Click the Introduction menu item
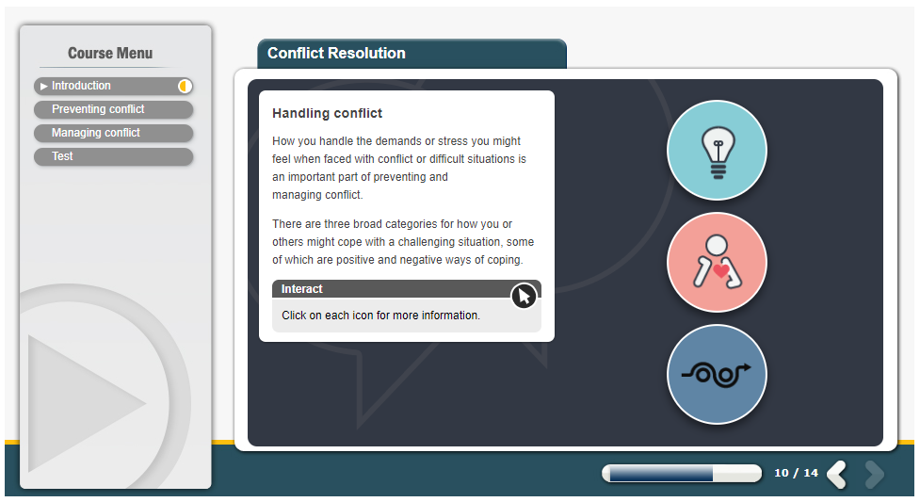click(113, 86)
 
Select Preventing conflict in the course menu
click(113, 109)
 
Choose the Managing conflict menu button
click(113, 133)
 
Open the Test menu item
click(113, 156)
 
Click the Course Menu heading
click(110, 54)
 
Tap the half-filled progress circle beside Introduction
click(185, 87)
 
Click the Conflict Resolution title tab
click(412, 54)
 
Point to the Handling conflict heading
click(327, 113)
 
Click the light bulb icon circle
click(717, 151)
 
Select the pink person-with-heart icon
click(717, 263)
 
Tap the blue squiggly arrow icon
click(717, 374)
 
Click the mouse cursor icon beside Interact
click(524, 296)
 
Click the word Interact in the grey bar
click(301, 289)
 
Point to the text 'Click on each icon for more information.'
click(380, 316)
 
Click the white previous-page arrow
click(837, 475)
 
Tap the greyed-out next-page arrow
click(874, 475)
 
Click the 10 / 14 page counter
click(796, 473)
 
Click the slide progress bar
click(682, 473)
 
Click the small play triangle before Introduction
click(43, 87)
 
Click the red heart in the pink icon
click(721, 270)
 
